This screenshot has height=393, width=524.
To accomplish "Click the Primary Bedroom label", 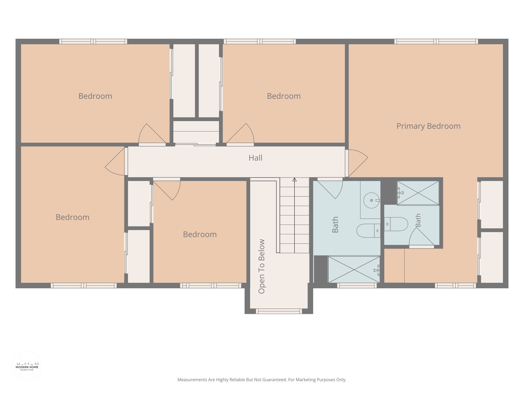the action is pos(428,126).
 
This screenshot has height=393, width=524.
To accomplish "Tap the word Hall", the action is pos(255,158).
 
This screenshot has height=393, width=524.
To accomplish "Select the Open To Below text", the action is pos(261,266).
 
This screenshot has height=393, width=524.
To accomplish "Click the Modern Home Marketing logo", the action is pos(27,366).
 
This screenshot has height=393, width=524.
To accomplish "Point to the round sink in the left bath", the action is pos(372,200).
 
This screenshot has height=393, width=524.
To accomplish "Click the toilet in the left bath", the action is pos(368,231).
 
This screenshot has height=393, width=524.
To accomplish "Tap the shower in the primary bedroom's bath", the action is pos(418,193).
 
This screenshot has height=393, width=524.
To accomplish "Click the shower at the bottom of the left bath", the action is pos(354,269).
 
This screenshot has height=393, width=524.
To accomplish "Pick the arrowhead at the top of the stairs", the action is pos(294,180).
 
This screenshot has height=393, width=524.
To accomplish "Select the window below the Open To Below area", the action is pos(279,311).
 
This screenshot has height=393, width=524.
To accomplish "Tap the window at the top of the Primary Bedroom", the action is pos(436,41).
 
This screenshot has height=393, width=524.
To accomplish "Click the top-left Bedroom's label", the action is pos(95,96).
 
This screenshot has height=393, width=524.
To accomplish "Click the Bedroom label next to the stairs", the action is pos(200,235).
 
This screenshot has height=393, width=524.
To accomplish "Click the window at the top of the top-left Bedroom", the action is pos(93,41).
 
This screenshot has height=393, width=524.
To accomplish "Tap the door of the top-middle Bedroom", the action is pos(240,135).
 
